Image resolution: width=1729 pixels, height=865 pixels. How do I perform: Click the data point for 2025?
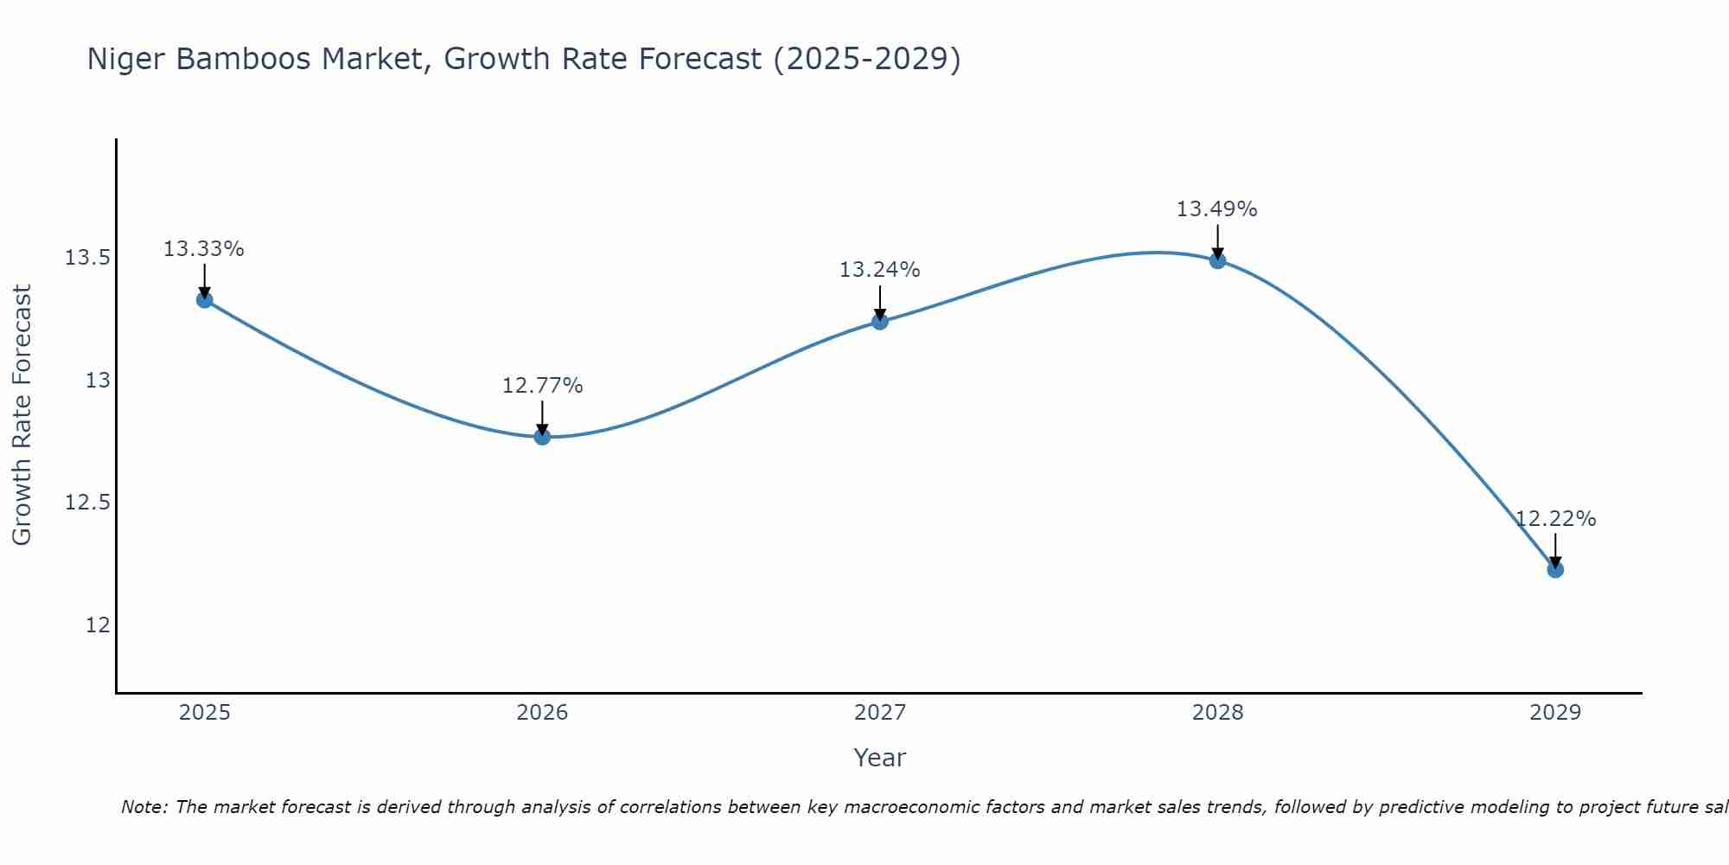pyautogui.click(x=205, y=300)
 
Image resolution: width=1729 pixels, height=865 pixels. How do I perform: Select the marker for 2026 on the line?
pyautogui.click(x=542, y=437)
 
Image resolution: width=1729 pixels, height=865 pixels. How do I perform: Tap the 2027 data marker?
pyautogui.click(x=880, y=322)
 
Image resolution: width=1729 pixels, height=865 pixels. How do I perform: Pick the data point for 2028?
pyautogui.click(x=1217, y=260)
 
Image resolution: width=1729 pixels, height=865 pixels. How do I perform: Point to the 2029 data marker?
pyautogui.click(x=1555, y=569)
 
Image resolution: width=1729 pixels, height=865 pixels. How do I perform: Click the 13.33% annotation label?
pyautogui.click(x=204, y=249)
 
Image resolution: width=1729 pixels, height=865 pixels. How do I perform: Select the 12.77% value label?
pyautogui.click(x=542, y=386)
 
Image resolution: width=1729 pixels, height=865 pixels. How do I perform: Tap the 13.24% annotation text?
pyautogui.click(x=880, y=270)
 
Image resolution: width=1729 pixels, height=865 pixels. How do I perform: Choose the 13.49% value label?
pyautogui.click(x=1217, y=209)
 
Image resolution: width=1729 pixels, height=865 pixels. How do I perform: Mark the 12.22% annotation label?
pyautogui.click(x=1555, y=519)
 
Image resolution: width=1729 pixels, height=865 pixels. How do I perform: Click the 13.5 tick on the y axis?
pyautogui.click(x=87, y=258)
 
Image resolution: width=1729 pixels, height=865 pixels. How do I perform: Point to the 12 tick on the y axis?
pyautogui.click(x=98, y=625)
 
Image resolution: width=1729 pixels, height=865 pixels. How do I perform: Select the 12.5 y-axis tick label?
pyautogui.click(x=87, y=503)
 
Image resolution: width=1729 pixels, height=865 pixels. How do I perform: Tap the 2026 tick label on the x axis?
pyautogui.click(x=542, y=713)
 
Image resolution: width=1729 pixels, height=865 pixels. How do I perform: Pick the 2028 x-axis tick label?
pyautogui.click(x=1217, y=713)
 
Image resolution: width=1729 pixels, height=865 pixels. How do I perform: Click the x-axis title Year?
pyautogui.click(x=880, y=758)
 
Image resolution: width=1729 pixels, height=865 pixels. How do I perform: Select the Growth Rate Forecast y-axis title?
pyautogui.click(x=22, y=415)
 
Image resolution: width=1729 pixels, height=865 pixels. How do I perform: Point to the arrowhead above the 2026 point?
pyautogui.click(x=542, y=429)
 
